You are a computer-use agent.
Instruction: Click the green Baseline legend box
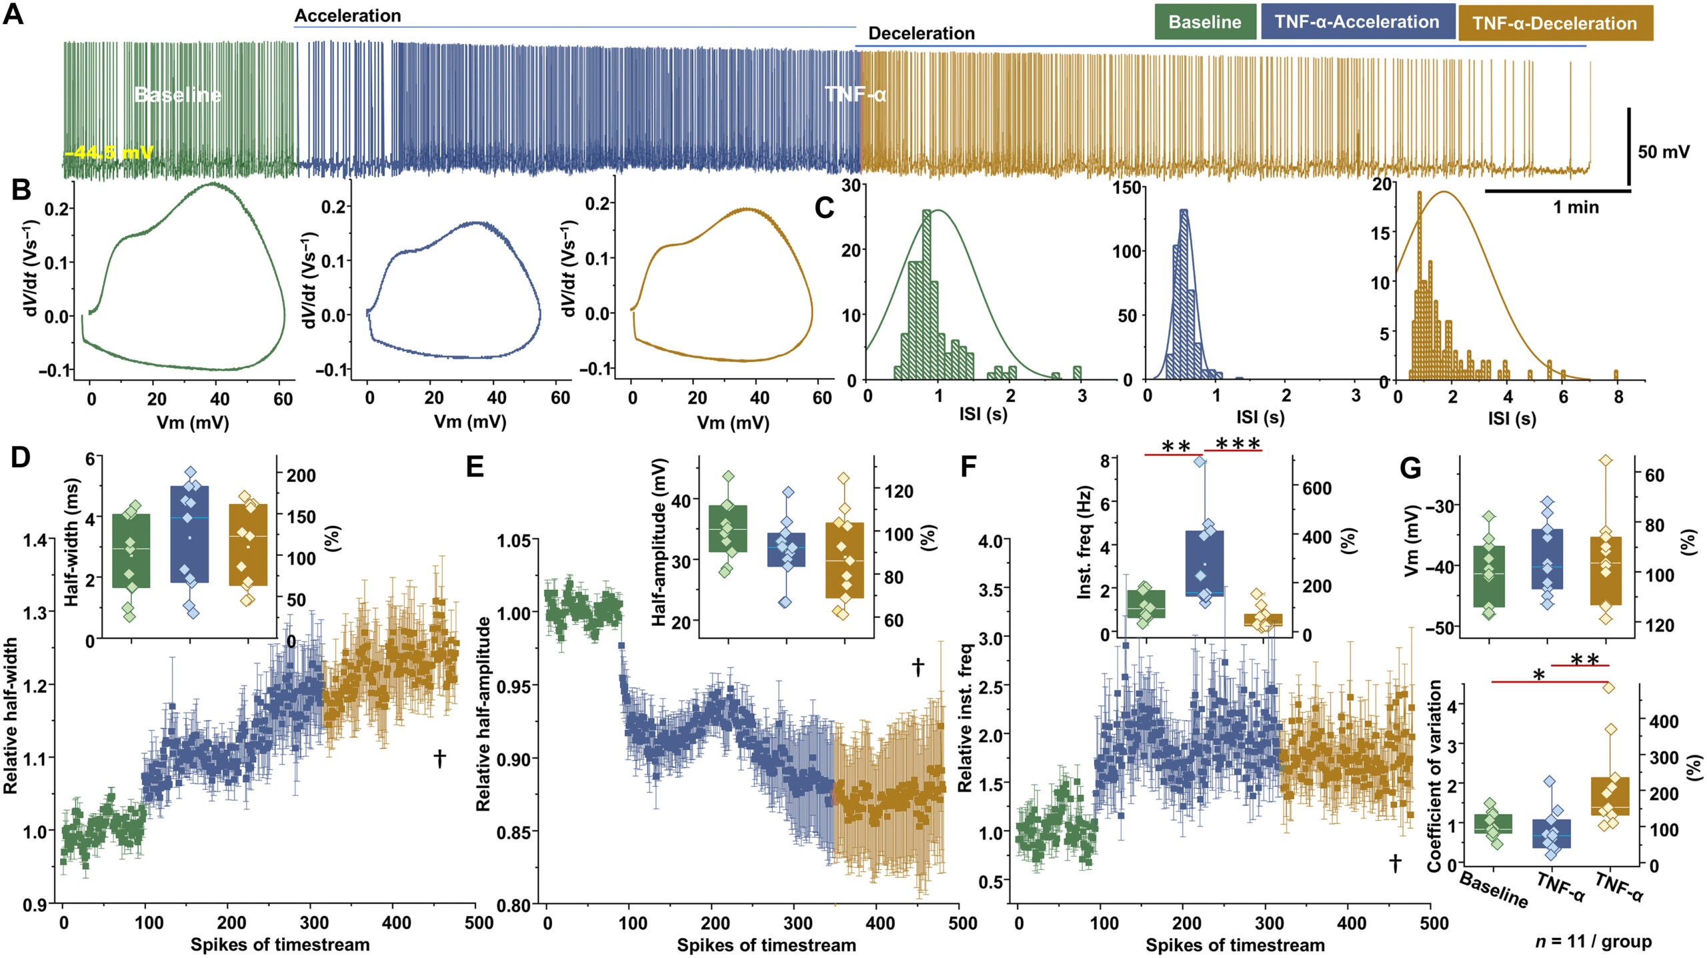pos(1205,22)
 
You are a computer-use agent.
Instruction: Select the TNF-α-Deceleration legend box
pos(1555,23)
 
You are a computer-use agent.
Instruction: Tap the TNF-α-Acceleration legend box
pos(1357,22)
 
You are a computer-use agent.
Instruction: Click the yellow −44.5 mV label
pos(109,153)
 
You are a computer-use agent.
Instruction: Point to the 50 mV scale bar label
pos(1664,152)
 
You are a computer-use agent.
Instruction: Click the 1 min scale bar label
pos(1576,207)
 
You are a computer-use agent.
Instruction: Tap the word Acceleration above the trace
pos(348,15)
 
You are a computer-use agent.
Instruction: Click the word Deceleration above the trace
pos(921,33)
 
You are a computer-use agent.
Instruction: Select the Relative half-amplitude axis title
pos(483,713)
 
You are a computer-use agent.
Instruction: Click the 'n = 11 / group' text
pos(1593,941)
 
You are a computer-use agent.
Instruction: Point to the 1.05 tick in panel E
pos(517,541)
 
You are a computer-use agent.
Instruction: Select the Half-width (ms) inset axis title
pos(72,541)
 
